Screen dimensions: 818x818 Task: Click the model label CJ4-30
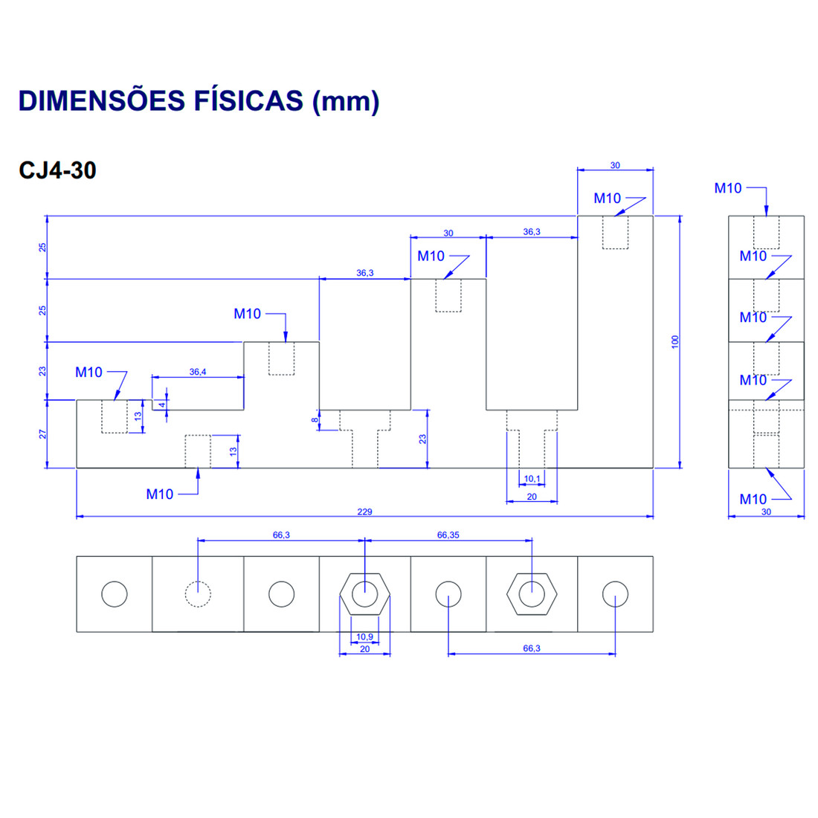pos(57,170)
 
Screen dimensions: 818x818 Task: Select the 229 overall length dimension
pos(364,512)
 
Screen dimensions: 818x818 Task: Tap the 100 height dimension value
pos(675,341)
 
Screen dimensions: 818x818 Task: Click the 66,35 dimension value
pos(448,535)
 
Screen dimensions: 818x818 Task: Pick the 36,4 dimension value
pos(198,372)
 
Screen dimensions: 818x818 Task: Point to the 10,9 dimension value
pos(364,637)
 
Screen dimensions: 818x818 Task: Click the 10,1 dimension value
pos(532,479)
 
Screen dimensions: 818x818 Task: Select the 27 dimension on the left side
pos(42,434)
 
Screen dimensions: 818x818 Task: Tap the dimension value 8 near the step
pos(315,420)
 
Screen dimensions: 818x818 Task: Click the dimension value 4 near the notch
pos(161,405)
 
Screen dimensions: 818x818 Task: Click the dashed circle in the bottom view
pos(198,594)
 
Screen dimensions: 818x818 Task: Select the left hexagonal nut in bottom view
pos(364,594)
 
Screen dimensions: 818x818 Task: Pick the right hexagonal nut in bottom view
pos(532,594)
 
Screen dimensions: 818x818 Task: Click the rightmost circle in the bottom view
pos(615,594)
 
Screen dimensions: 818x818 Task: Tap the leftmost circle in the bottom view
pos(115,594)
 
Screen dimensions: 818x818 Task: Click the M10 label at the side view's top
pos(728,188)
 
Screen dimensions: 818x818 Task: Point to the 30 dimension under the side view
pos(766,512)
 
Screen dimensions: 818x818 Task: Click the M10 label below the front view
pos(159,494)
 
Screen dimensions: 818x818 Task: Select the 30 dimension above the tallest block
pos(615,165)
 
